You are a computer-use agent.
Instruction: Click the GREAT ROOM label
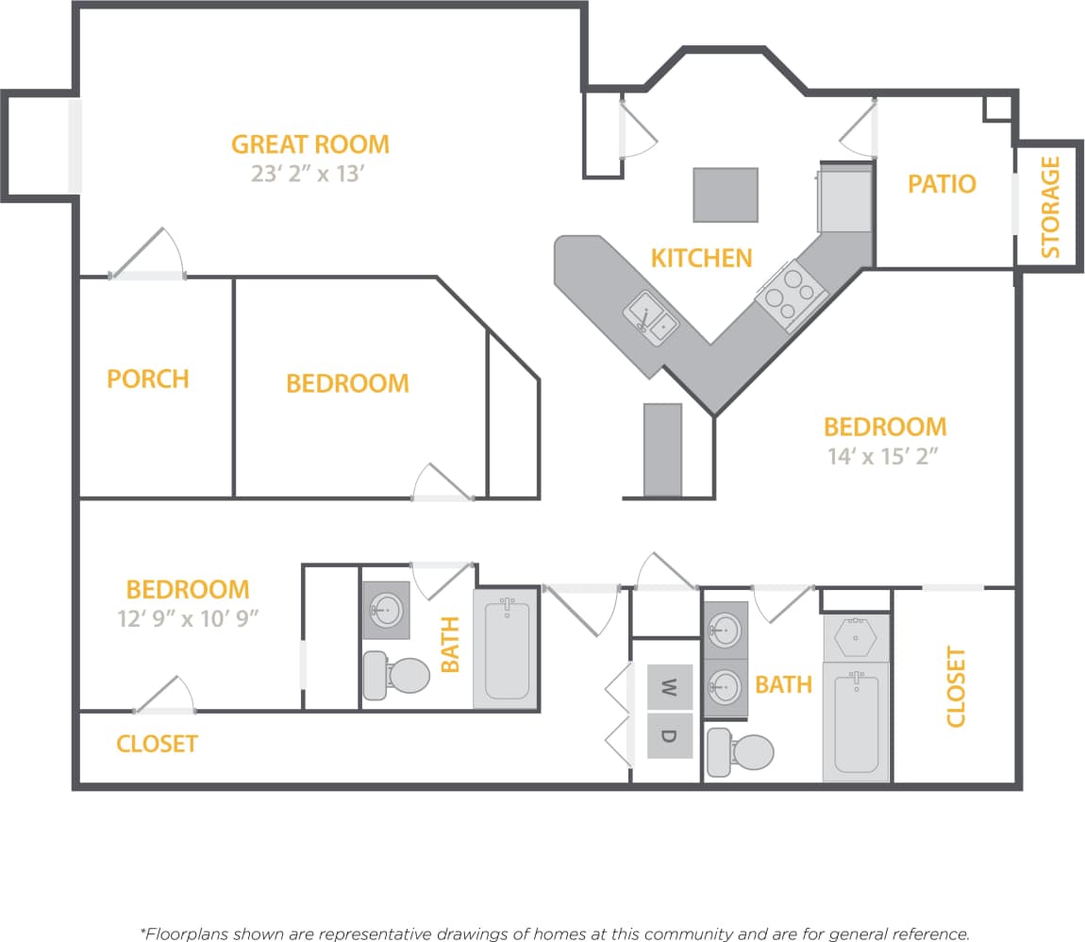pyautogui.click(x=309, y=144)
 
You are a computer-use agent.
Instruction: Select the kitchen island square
pyautogui.click(x=726, y=194)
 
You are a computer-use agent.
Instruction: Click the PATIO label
pyautogui.click(x=941, y=183)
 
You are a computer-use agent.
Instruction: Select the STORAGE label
pyautogui.click(x=1050, y=208)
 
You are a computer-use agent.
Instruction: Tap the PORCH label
pyautogui.click(x=148, y=378)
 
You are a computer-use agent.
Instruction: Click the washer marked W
pyautogui.click(x=669, y=687)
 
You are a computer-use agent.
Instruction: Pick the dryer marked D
pyautogui.click(x=669, y=736)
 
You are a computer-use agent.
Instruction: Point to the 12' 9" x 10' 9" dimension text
pyautogui.click(x=188, y=618)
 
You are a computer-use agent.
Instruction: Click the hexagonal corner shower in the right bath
pyautogui.click(x=857, y=636)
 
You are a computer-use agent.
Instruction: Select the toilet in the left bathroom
pyautogui.click(x=397, y=676)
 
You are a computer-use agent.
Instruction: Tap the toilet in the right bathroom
pyautogui.click(x=742, y=752)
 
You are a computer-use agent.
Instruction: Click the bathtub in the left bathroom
pyautogui.click(x=507, y=649)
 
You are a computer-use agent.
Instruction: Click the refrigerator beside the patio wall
pyautogui.click(x=844, y=197)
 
